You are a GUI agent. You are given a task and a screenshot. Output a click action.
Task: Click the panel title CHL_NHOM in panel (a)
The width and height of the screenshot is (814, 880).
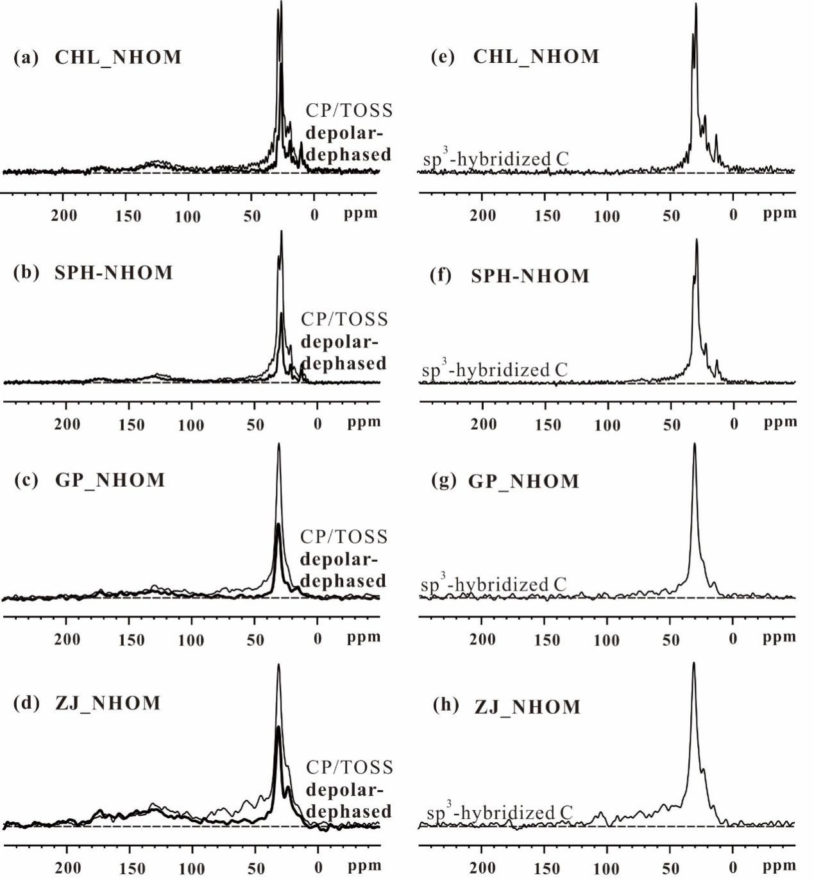[x=118, y=58]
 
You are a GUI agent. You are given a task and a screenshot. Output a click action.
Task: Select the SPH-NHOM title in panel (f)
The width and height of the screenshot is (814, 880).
[x=530, y=276]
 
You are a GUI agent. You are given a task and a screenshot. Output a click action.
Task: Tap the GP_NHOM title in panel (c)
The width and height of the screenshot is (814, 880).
[x=110, y=480]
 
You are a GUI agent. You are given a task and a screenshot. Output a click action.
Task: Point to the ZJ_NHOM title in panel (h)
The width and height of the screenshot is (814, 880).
[x=527, y=707]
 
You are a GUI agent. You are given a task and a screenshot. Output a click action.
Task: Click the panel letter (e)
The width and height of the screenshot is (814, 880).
[x=443, y=57]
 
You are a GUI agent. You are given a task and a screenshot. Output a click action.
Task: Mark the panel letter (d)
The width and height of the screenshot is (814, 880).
[x=26, y=703]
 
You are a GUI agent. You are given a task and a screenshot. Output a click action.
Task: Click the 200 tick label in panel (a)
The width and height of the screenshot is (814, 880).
[x=64, y=215]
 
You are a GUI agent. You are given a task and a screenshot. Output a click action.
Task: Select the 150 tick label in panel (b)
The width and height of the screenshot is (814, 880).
[x=131, y=425]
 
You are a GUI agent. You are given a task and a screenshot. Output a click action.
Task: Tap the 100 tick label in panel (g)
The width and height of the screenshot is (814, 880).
[x=606, y=639]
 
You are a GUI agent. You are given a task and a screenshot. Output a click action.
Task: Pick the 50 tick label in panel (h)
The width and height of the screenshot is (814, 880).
[x=670, y=868]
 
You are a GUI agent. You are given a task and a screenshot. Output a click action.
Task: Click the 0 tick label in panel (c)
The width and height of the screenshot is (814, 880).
[x=317, y=639]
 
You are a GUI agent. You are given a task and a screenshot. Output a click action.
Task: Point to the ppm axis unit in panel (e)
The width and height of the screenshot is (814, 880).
[x=779, y=213]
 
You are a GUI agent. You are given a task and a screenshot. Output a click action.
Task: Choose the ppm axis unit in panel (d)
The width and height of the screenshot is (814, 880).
[x=364, y=867]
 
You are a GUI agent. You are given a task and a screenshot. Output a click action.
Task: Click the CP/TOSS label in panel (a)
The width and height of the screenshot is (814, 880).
[x=349, y=110]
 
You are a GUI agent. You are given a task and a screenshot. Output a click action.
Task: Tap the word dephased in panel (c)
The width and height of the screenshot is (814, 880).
[x=343, y=581]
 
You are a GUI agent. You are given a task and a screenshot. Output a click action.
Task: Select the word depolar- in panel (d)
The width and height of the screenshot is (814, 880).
[x=344, y=790]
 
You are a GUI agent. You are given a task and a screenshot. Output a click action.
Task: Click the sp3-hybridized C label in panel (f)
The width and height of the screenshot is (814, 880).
[x=495, y=370]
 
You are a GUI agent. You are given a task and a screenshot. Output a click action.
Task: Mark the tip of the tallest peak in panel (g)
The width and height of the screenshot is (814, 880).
[x=694, y=444]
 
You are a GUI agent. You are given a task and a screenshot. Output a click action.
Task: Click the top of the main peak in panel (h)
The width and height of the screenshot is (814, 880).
[x=693, y=663]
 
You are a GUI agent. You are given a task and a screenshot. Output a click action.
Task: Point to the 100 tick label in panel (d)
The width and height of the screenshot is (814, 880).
[x=191, y=868]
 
